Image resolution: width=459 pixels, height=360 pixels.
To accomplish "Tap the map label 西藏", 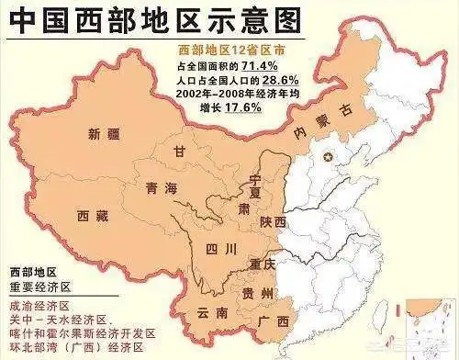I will point(94,215).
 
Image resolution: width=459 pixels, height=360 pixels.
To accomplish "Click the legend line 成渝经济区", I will point(38,306).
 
